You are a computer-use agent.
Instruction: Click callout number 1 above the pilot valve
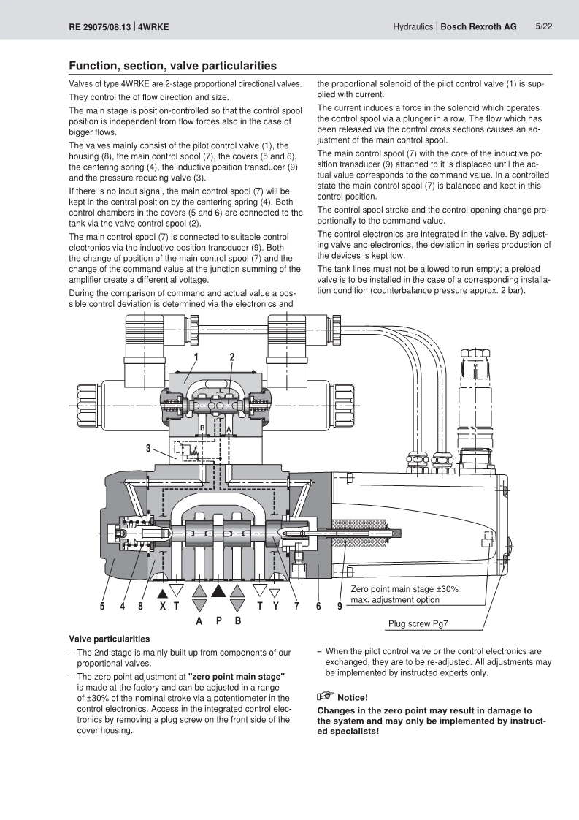point(196,357)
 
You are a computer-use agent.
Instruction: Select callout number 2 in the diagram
point(232,357)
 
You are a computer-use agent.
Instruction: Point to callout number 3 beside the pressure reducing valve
point(148,448)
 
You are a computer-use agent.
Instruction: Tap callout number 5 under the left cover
point(102,606)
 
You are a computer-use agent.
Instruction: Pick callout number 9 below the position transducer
point(340,606)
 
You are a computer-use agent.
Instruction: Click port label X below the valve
point(163,606)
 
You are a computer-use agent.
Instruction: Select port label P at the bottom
point(219,620)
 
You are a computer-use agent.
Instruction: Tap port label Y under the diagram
point(276,606)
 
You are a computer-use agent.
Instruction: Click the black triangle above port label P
point(218,591)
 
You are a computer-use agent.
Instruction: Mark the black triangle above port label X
point(163,593)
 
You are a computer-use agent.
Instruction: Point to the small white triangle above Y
point(275,593)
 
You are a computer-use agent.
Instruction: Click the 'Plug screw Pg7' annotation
point(418,623)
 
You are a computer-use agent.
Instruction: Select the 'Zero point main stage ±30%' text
point(404,589)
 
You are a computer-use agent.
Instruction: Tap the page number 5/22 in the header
point(543,26)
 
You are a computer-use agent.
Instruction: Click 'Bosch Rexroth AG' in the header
point(478,26)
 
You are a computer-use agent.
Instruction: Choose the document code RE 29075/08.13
point(99,26)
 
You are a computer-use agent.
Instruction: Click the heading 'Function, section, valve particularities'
point(173,66)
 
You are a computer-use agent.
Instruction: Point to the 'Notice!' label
point(353,698)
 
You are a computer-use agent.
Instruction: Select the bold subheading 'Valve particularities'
point(110,639)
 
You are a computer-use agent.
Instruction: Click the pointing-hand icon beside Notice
point(325,696)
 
